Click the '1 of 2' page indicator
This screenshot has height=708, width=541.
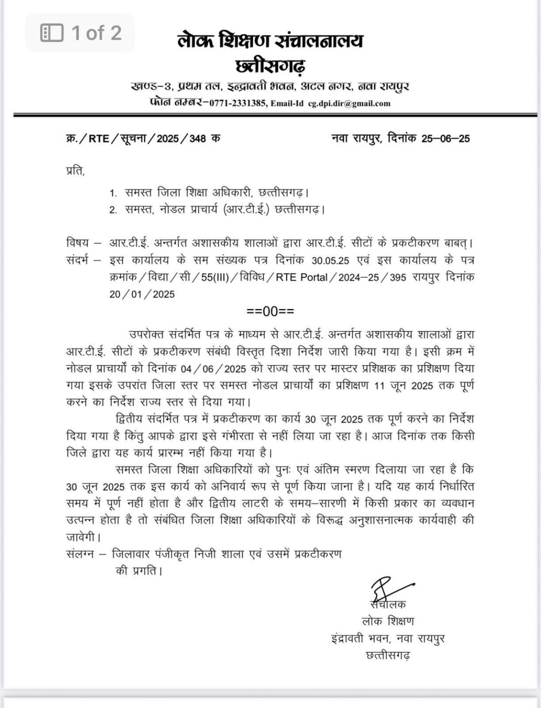[96, 33]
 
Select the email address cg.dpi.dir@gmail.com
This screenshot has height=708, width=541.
[349, 104]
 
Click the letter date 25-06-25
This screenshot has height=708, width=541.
[445, 138]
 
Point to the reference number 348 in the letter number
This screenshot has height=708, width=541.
[197, 138]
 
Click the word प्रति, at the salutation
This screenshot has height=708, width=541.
[76, 171]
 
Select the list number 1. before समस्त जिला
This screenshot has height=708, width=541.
[113, 194]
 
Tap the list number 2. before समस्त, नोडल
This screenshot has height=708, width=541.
[113, 211]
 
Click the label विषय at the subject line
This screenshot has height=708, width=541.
[77, 242]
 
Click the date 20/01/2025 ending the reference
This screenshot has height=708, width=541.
[142, 294]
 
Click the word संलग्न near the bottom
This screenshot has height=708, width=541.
[80, 554]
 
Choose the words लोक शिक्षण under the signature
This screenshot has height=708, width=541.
[388, 621]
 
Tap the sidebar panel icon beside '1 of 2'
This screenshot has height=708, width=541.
[52, 33]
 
